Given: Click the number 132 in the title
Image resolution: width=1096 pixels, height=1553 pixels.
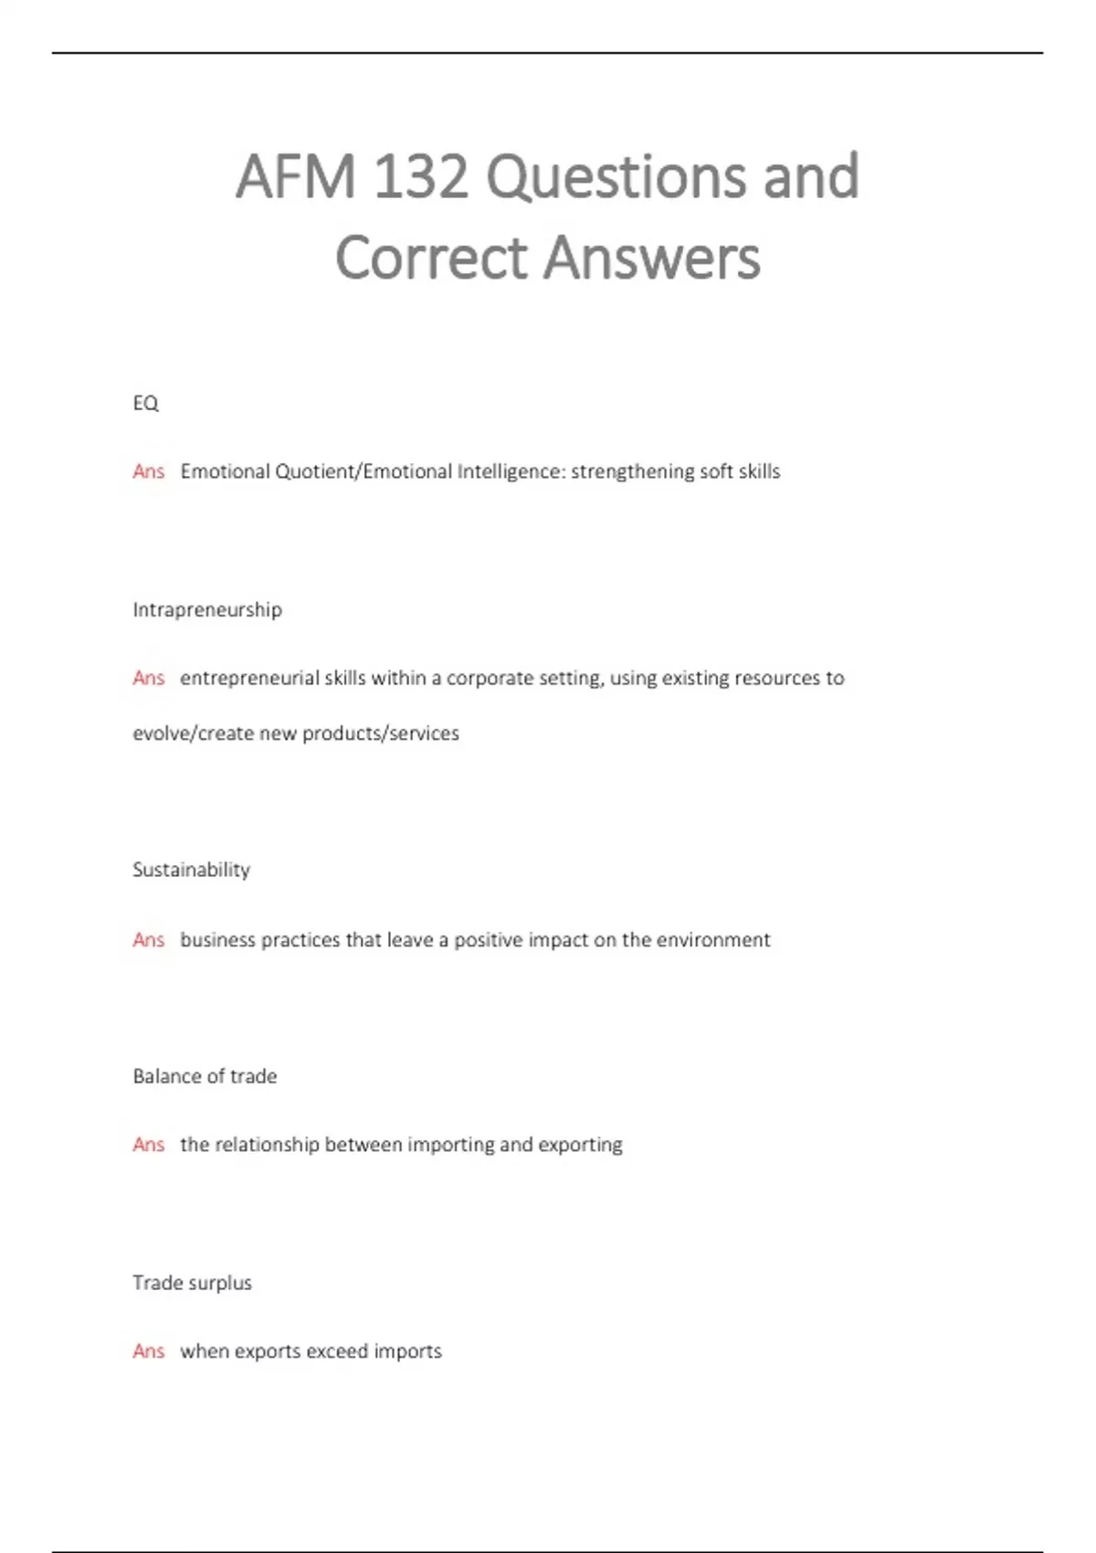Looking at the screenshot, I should click(421, 176).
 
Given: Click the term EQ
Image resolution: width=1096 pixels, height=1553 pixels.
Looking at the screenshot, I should click(145, 403).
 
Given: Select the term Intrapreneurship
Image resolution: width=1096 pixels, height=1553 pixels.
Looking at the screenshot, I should click(207, 609).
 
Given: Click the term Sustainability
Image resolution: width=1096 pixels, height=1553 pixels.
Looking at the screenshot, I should click(191, 870).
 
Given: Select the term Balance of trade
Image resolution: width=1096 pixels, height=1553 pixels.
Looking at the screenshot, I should click(205, 1076).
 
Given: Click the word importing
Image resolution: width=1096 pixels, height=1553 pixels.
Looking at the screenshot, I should click(450, 1145).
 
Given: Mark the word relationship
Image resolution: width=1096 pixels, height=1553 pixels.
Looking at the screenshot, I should click(267, 1145).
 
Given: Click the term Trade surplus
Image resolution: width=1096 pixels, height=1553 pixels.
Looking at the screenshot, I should click(192, 1283).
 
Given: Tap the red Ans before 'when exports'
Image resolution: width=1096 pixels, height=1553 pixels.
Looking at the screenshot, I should click(148, 1351).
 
